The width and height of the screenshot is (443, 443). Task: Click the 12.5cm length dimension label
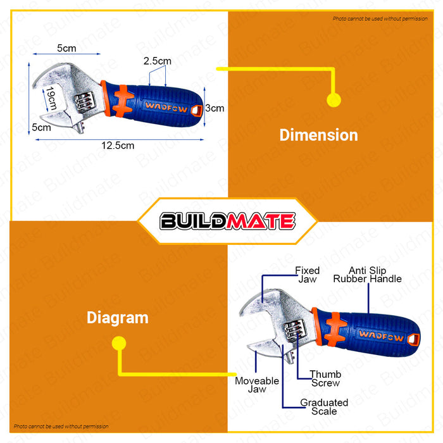(x=118, y=145)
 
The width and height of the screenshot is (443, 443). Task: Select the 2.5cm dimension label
(x=157, y=61)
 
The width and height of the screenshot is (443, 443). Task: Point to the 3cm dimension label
(x=215, y=108)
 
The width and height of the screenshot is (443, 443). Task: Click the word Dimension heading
(x=318, y=135)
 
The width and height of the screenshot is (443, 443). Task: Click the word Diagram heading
(x=118, y=318)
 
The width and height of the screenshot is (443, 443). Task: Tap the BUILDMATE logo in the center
(x=227, y=221)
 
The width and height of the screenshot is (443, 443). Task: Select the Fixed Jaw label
(x=308, y=275)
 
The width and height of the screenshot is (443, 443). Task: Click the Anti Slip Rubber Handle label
(x=367, y=275)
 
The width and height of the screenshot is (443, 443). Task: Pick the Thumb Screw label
(x=325, y=378)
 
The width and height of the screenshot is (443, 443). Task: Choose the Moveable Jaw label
(x=257, y=385)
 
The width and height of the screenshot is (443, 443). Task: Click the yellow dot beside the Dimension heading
(x=334, y=99)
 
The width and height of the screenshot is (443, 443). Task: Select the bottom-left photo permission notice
(x=61, y=427)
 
